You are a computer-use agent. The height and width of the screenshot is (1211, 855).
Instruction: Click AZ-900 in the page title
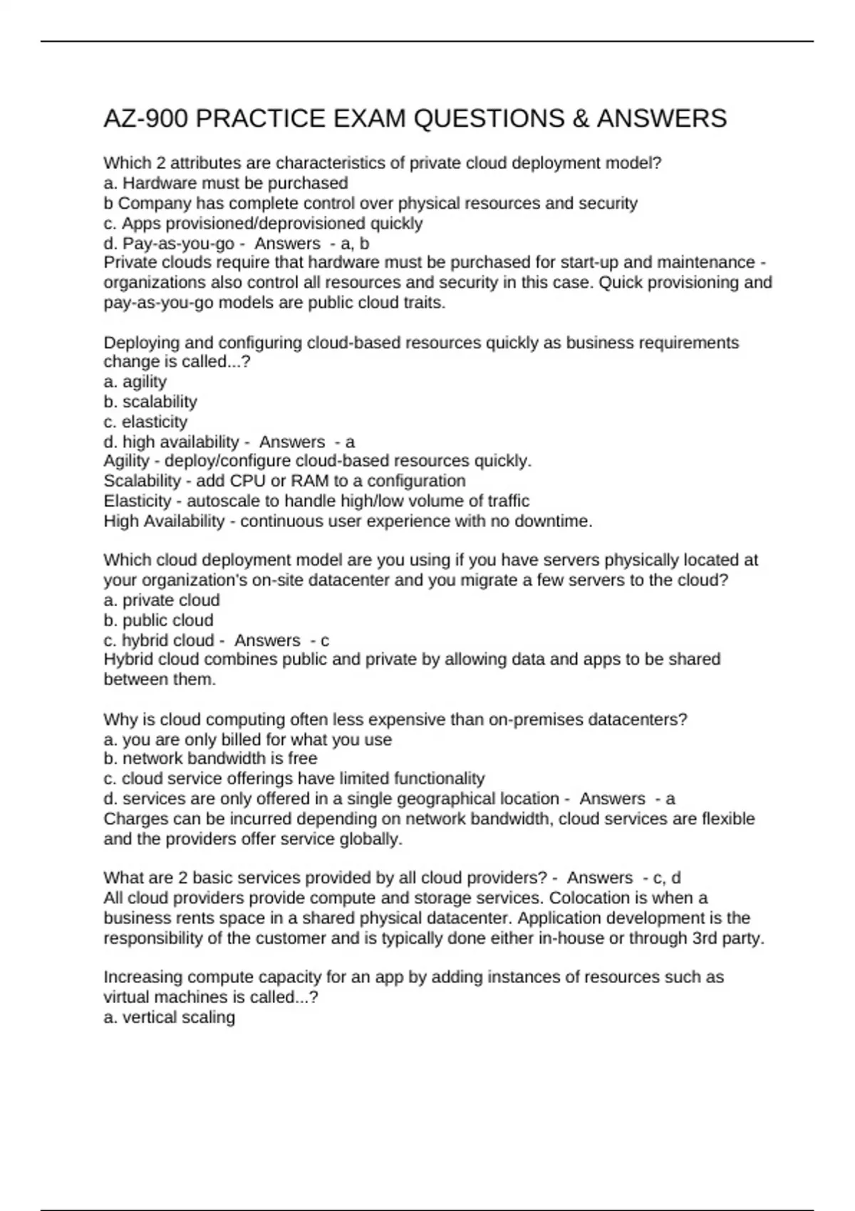click(x=145, y=118)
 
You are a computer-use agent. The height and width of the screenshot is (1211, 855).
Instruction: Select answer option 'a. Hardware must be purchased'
click(x=226, y=183)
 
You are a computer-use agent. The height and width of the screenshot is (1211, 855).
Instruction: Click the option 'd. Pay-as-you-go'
click(x=169, y=243)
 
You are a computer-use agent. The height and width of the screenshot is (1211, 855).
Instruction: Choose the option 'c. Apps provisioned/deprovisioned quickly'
click(x=263, y=223)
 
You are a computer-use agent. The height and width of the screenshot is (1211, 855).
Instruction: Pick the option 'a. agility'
click(x=135, y=382)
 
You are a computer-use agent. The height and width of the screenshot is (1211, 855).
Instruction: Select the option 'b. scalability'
click(x=150, y=402)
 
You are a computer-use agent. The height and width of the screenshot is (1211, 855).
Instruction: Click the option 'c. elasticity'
click(x=145, y=422)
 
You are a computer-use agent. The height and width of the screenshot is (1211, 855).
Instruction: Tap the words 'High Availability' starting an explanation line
click(x=164, y=521)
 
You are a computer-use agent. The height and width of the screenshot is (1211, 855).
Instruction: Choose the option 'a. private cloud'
click(x=162, y=600)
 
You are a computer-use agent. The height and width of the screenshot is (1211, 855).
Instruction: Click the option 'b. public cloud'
click(x=158, y=620)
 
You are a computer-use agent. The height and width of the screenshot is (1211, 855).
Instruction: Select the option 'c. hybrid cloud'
click(x=158, y=640)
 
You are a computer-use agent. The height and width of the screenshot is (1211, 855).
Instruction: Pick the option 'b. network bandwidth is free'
click(x=210, y=758)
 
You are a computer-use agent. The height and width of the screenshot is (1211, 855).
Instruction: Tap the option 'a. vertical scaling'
click(x=169, y=1017)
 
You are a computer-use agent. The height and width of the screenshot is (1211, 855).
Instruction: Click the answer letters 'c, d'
click(x=667, y=878)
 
